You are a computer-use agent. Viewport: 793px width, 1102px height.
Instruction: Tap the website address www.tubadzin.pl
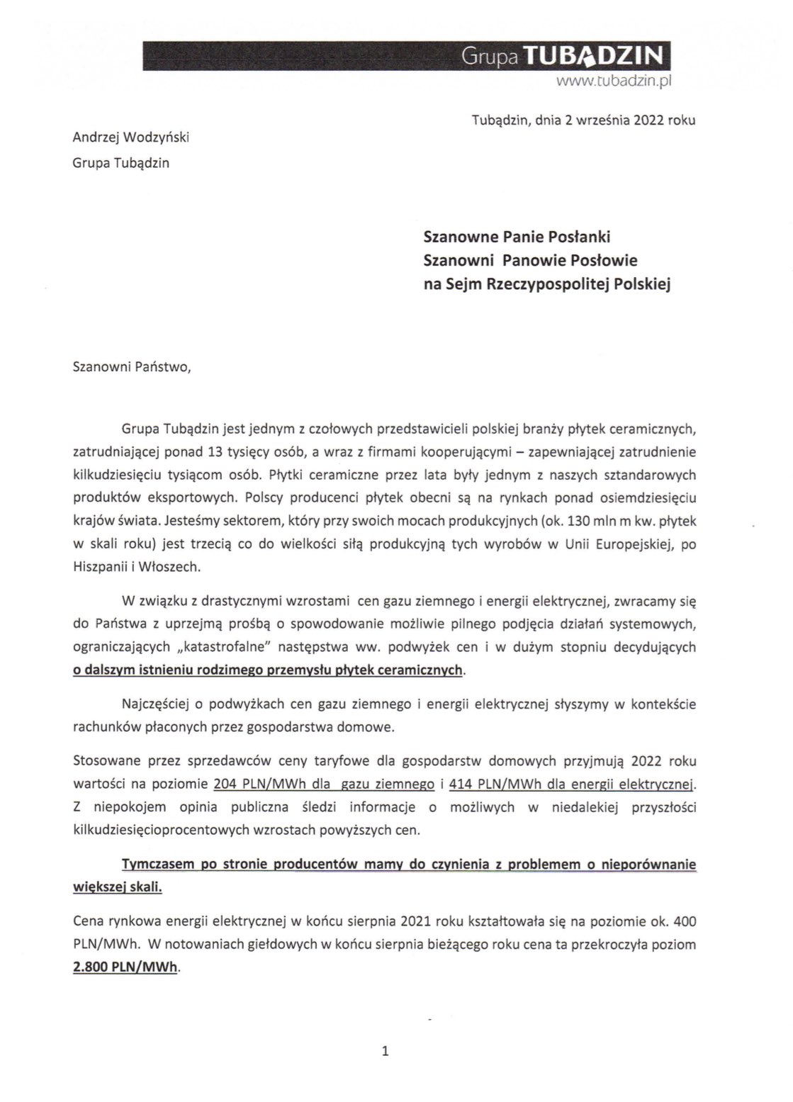coord(613,82)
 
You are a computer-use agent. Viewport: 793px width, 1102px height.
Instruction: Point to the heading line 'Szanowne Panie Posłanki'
coord(517,236)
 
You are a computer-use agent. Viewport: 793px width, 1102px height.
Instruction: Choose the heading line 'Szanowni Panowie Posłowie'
coord(530,260)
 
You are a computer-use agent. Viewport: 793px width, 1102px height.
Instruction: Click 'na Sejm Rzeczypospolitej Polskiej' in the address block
coord(546,284)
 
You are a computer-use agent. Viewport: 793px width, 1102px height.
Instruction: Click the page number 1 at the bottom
coord(385,1051)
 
